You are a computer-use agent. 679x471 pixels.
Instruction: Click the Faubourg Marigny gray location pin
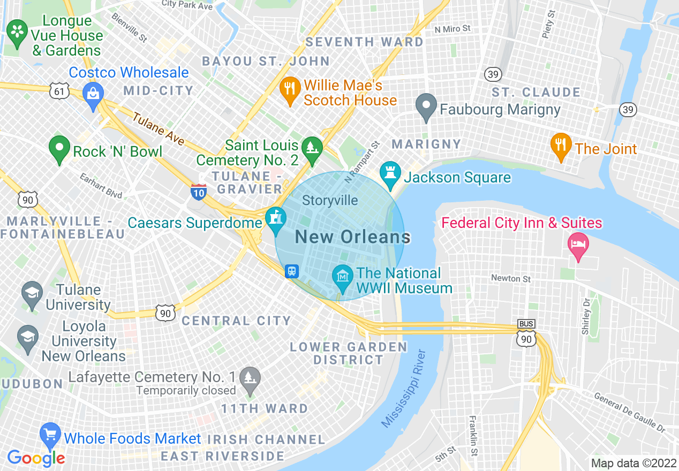click(427, 105)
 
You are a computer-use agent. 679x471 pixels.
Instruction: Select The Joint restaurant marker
click(561, 145)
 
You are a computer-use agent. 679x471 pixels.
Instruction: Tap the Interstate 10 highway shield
click(198, 192)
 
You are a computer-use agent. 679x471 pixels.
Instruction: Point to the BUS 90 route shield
click(526, 334)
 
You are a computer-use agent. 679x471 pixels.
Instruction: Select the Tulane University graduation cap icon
click(32, 293)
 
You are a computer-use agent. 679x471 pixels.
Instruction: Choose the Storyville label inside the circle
click(330, 201)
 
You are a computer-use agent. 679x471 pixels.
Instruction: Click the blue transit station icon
click(292, 270)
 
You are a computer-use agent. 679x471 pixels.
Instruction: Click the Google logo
click(36, 458)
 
